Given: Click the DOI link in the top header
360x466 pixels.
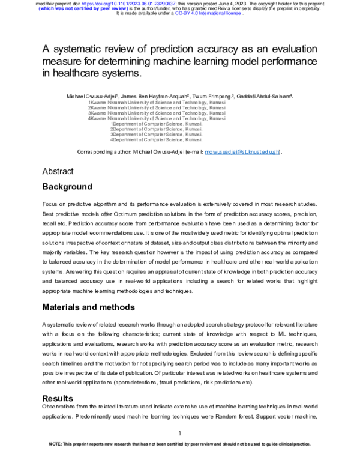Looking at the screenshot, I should pos(130,3).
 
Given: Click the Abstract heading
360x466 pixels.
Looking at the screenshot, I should pos(58,172).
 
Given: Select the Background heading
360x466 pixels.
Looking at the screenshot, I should pos(67,187).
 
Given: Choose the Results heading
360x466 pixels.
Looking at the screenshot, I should pos(58,398).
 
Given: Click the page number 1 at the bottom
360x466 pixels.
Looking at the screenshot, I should pos(180,434).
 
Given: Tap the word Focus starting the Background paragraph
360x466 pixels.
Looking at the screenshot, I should pos(51,205).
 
